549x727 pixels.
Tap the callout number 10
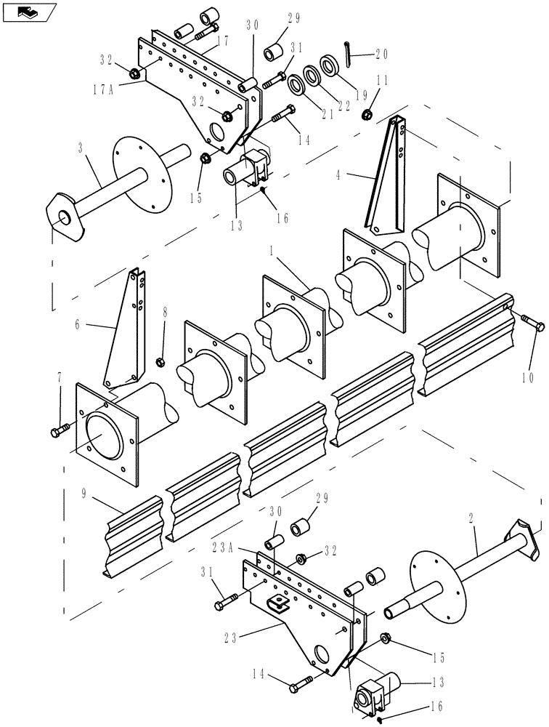click(527, 377)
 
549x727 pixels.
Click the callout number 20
click(383, 53)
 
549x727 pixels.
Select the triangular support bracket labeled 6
click(124, 327)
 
